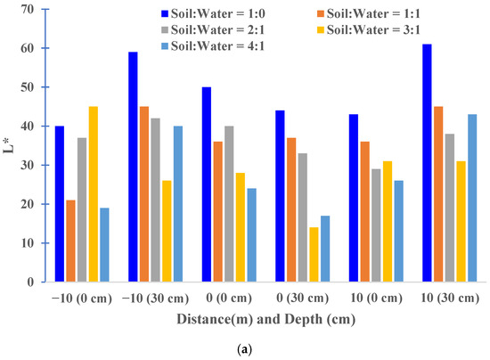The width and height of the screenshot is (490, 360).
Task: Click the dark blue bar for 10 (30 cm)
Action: click(427, 163)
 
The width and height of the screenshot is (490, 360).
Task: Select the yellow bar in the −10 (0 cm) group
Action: click(94, 194)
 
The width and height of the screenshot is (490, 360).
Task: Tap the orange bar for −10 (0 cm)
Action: click(70, 241)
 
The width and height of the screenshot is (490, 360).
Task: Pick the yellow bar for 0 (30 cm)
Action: click(314, 255)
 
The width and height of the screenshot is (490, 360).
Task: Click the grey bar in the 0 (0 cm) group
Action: click(229, 204)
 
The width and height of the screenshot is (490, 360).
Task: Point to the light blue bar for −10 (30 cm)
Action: click(178, 204)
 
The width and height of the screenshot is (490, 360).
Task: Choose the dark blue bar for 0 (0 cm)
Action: click(207, 184)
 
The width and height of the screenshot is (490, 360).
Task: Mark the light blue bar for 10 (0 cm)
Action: click(399, 232)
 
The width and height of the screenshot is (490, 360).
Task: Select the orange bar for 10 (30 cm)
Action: click(438, 194)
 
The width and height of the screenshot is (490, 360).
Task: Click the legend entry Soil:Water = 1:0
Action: click(213, 13)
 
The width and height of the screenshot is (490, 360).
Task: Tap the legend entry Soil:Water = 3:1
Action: click(369, 30)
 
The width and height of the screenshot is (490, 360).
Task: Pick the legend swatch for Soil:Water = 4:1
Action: click(165, 46)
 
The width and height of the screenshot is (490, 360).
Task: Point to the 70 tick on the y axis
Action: click(45, 10)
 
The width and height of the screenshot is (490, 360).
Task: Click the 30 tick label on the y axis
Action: click(28, 165)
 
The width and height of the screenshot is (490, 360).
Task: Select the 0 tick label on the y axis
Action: click(30, 282)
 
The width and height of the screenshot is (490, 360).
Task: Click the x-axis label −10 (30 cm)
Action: click(155, 299)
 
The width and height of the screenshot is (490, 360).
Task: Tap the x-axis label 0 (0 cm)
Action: click(229, 299)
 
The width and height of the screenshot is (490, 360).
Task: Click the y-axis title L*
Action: click(9, 146)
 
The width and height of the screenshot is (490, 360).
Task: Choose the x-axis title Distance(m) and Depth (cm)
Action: click(266, 319)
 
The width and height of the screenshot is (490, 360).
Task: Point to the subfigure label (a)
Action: click(244, 349)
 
